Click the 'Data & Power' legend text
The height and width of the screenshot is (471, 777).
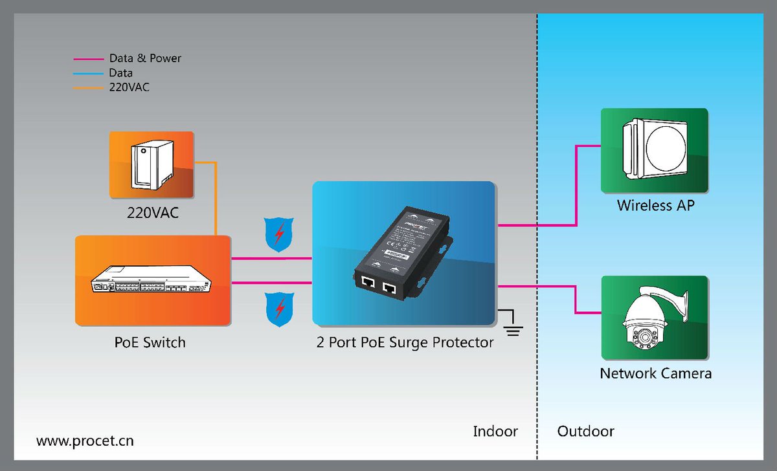[145, 58]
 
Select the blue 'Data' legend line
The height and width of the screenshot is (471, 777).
[88, 73]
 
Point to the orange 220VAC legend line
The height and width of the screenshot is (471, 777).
[88, 87]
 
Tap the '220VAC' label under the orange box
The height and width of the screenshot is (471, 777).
[152, 212]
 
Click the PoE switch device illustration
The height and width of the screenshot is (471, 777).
[153, 279]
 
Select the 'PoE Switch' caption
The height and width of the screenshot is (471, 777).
[150, 342]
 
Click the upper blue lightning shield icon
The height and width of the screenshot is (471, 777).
[279, 234]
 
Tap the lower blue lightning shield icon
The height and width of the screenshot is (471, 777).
[279, 309]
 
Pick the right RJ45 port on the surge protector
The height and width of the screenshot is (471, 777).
[389, 287]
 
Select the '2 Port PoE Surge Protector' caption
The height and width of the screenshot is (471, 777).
[405, 342]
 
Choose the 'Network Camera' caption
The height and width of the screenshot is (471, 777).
[655, 373]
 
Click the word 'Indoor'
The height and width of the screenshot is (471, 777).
[495, 431]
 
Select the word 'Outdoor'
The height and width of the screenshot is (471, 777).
[585, 431]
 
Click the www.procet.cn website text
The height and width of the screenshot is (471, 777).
[85, 441]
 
